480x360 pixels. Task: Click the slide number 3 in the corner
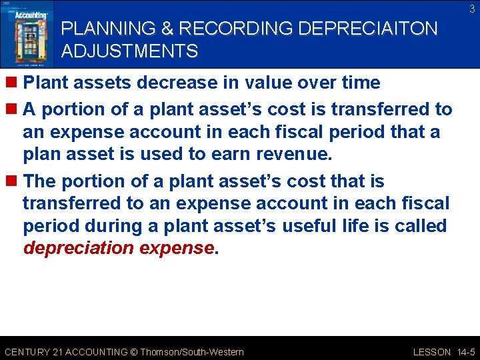pyautogui.click(x=471, y=9)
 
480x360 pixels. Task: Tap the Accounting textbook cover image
pyautogui.click(x=27, y=34)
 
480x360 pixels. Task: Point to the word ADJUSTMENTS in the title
pyautogui.click(x=129, y=51)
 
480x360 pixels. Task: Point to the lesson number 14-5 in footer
pyautogui.click(x=465, y=352)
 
